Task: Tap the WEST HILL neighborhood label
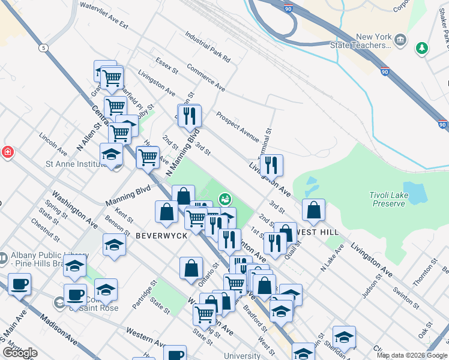(318, 232)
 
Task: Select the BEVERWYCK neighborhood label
(161, 235)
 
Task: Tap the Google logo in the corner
(20, 352)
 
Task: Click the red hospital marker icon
(7, 152)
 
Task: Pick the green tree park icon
(423, 47)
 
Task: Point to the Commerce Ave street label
(206, 77)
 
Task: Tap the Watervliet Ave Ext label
(104, 17)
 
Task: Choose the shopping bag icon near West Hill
(313, 211)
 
